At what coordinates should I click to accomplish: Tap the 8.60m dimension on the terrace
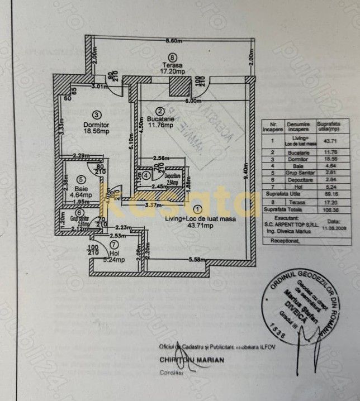point(174,41)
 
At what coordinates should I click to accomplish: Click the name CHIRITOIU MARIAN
point(192,360)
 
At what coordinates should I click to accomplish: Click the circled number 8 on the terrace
point(172,56)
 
